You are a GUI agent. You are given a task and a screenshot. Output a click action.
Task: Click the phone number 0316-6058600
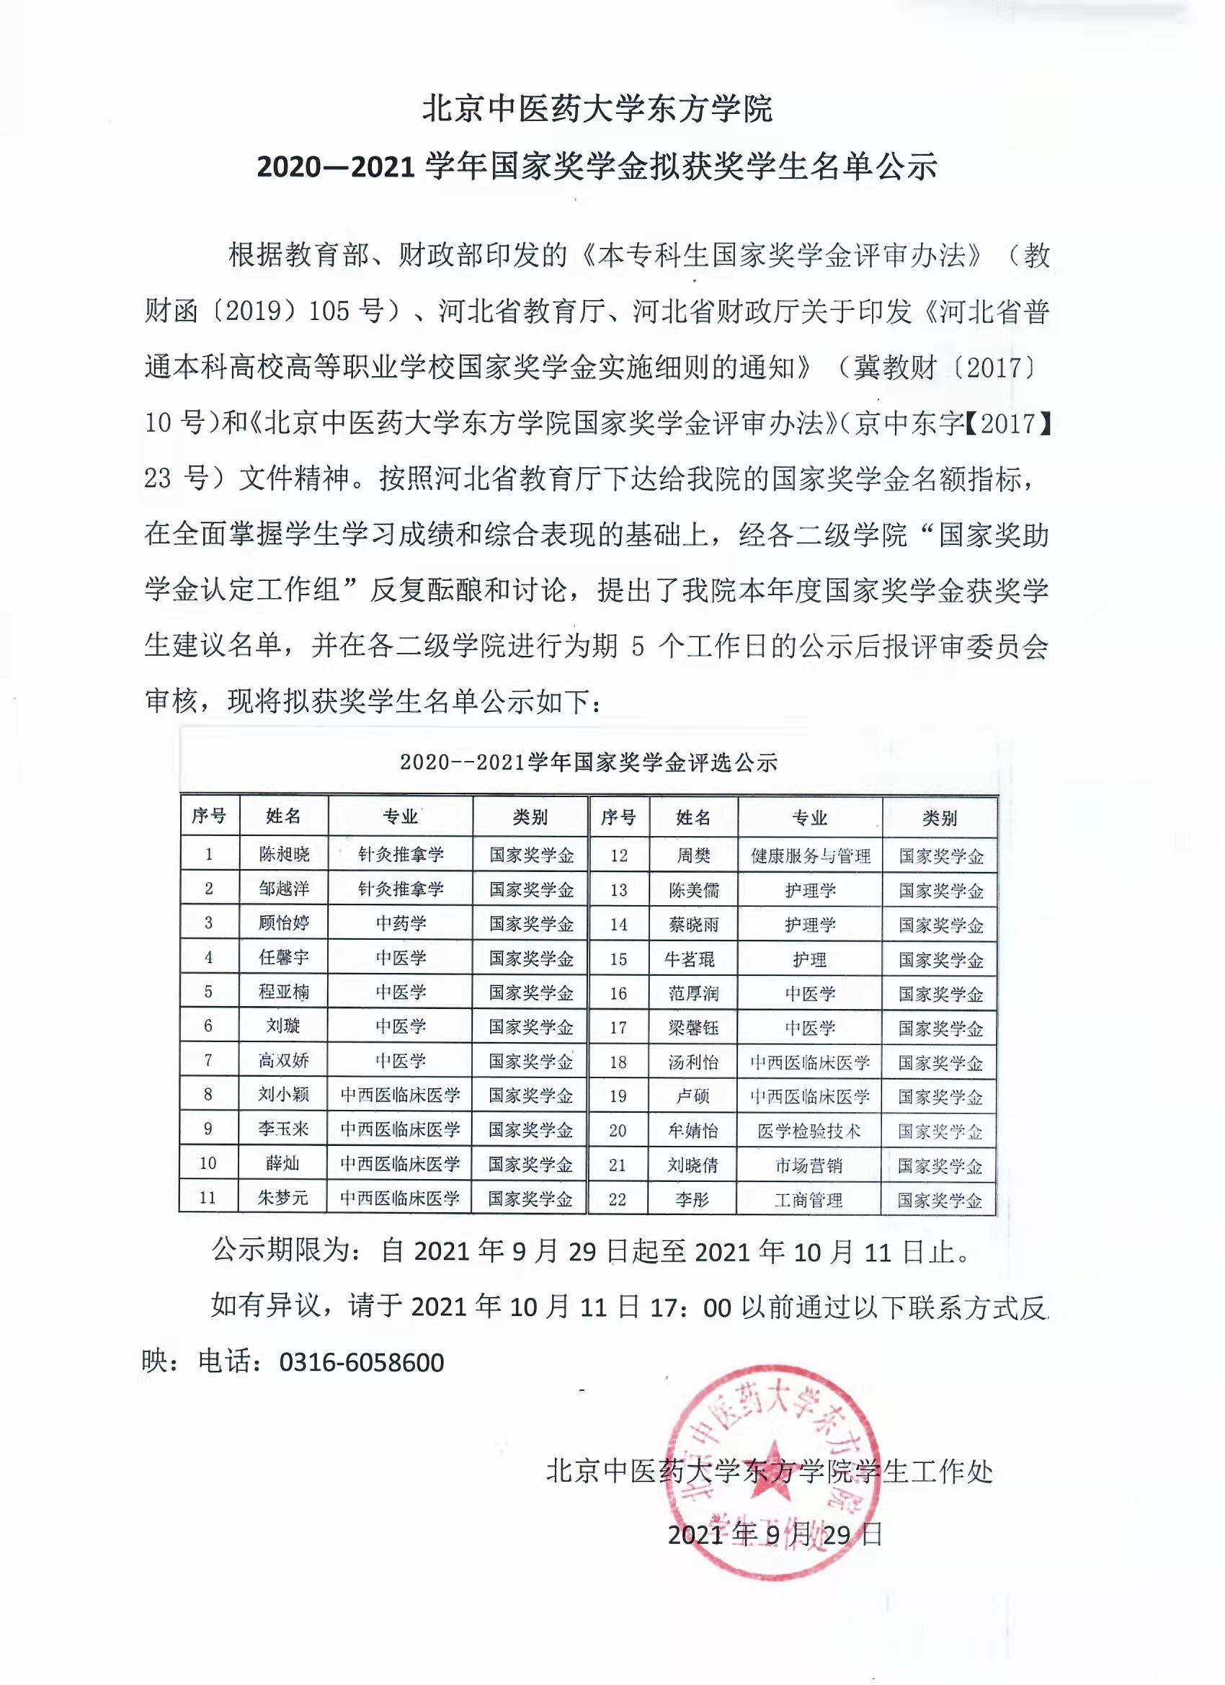coord(361,1363)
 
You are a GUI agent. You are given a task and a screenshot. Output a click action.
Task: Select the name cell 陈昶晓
coord(284,854)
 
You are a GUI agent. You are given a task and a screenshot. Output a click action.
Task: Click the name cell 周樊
coord(693,856)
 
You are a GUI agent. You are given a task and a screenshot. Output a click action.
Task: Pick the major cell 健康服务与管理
coord(810,856)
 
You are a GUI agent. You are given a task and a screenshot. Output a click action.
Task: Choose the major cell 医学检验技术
coord(809,1131)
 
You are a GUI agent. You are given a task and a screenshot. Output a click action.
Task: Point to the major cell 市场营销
coord(809,1165)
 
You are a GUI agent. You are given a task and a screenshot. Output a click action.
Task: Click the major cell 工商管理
coord(809,1200)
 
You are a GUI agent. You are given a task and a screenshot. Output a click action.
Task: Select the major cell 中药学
coord(401,923)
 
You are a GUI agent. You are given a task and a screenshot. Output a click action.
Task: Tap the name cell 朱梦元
coord(283,1198)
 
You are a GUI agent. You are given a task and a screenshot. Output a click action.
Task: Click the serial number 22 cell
coord(618,1200)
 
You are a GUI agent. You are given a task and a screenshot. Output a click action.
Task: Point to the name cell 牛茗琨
coord(690,959)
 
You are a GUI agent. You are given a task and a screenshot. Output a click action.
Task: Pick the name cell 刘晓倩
coord(692,1165)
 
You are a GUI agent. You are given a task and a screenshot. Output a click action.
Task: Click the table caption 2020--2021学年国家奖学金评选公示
coord(588,763)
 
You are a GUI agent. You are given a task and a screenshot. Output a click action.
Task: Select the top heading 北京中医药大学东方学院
coord(597,110)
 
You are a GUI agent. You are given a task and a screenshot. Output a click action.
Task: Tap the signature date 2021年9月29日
coord(775,1534)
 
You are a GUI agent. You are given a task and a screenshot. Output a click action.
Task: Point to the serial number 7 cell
coord(208,1060)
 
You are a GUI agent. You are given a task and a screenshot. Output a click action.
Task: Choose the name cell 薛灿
coord(283,1162)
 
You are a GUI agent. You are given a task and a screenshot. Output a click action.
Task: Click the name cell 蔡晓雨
coord(693,925)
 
